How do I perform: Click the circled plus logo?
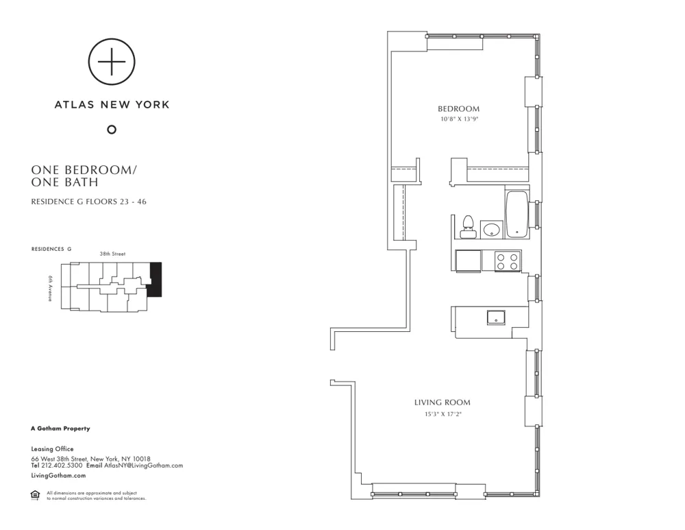click(x=112, y=62)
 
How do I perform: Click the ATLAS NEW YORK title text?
click(x=112, y=105)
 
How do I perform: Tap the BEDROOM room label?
click(x=458, y=109)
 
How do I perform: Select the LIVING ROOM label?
click(x=442, y=402)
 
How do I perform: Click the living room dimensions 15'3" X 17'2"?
click(x=442, y=414)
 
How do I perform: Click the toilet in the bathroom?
click(x=469, y=226)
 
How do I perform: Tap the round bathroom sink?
click(x=490, y=229)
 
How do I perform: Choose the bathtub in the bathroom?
click(x=516, y=214)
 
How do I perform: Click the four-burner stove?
click(x=508, y=261)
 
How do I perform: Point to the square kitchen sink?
click(x=495, y=317)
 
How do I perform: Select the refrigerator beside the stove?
click(x=468, y=261)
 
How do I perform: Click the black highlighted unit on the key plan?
click(x=155, y=280)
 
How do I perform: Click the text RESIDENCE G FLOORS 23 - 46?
click(x=90, y=202)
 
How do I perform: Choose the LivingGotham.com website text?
click(x=58, y=475)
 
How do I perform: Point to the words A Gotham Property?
click(x=60, y=429)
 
